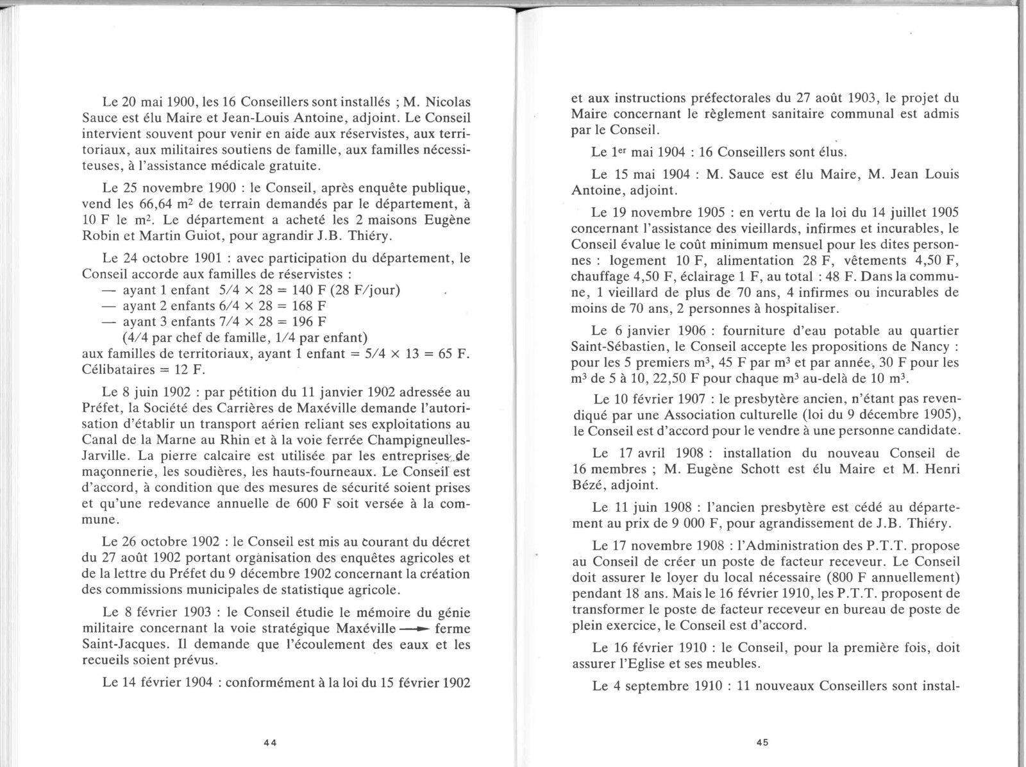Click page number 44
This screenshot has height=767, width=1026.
pos(269,743)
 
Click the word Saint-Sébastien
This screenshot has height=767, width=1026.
pos(620,346)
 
